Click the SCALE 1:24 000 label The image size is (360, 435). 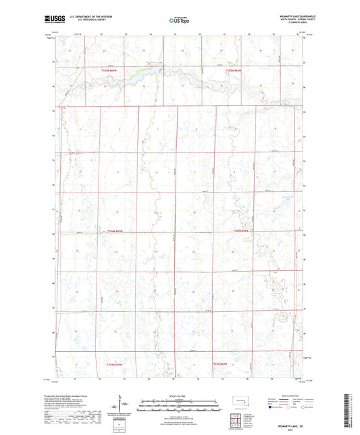pos(180,395)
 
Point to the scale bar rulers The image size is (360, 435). pos(180,407)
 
